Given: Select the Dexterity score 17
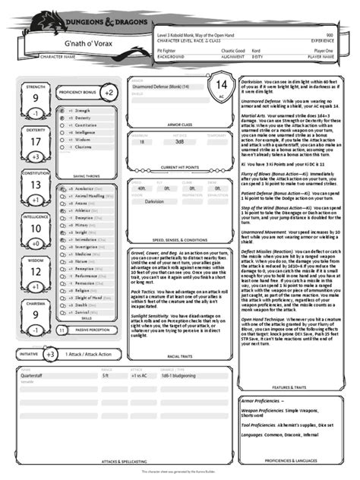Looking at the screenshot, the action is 36,141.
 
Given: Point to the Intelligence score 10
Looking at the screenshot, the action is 36,228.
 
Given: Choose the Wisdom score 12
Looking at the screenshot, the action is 36,271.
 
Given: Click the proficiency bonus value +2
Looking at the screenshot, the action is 109,93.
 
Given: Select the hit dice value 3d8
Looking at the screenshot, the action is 179,142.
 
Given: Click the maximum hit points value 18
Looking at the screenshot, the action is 142,142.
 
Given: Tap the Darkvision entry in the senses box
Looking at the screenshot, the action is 155,201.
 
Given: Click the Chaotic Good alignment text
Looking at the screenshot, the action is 233,50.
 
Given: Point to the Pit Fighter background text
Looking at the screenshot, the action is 168,50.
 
